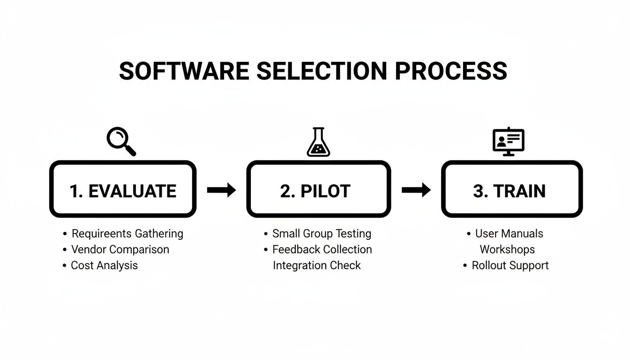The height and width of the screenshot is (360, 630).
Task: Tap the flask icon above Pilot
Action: pos(318,142)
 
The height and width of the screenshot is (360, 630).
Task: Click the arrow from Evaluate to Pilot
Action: pos(221,190)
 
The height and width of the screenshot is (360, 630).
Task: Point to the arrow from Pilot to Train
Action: pos(416,190)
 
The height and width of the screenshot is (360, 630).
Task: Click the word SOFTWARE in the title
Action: pos(184,71)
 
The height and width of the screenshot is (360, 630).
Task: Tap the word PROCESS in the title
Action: pos(451,71)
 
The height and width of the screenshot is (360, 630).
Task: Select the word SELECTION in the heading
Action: pos(322,71)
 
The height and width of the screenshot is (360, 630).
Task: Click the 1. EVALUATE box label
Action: pos(123,191)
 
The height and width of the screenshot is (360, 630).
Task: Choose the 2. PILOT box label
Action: pos(315,191)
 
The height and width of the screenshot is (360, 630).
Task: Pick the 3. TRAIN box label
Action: pos(510,191)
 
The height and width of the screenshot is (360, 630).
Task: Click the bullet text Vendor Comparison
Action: pos(120,249)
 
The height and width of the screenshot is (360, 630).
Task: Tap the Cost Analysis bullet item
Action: pos(104,265)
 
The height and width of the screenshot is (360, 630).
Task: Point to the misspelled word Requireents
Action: pos(101,233)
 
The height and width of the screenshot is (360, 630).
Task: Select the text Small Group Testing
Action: pos(322,233)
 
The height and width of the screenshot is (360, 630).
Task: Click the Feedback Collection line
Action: pos(322,249)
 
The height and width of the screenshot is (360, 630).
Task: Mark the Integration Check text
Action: pos(317,265)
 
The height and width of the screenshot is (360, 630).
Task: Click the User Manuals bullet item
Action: pos(509,233)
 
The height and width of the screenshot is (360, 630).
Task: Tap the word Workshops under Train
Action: pos(507,249)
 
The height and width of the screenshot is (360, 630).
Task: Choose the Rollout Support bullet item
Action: pos(510,265)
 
